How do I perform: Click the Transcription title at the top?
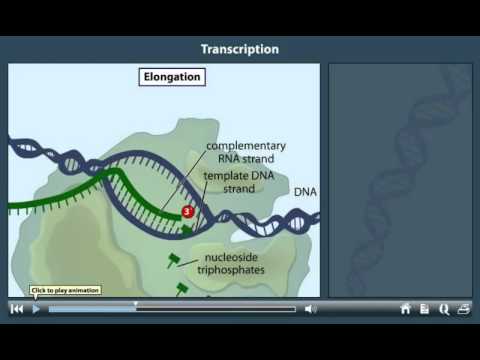coord(239,49)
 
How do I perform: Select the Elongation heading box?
coord(170,77)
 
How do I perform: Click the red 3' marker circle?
coord(187,212)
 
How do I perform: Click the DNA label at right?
coord(305,191)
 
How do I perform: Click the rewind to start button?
coord(17,309)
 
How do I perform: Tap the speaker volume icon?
coord(310,309)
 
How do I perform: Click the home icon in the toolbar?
coord(405,309)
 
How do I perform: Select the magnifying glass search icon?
coord(443,309)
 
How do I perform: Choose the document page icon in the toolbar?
coord(424,309)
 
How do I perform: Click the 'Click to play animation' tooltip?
coord(65,291)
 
